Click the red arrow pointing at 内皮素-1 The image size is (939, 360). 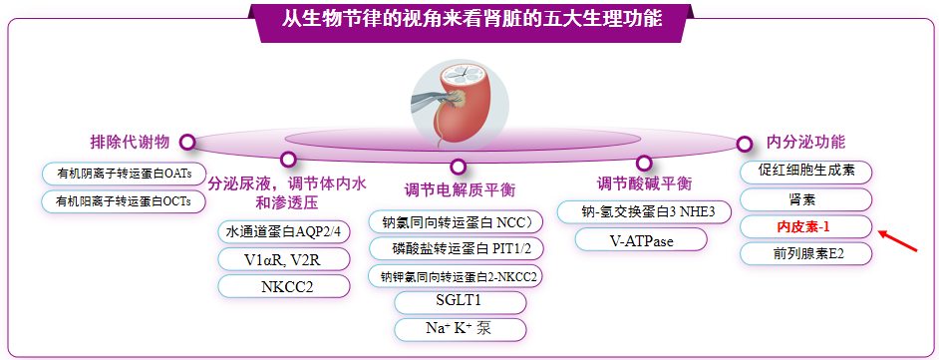pyautogui.click(x=898, y=240)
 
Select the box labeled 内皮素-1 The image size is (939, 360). pyautogui.click(x=806, y=227)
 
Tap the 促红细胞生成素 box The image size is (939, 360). pyautogui.click(x=806, y=172)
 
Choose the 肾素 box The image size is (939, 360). pyautogui.click(x=806, y=199)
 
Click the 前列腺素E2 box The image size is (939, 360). pyautogui.click(x=806, y=254)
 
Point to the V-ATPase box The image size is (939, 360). pyautogui.click(x=641, y=239)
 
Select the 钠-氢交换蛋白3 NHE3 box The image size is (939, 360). pyautogui.click(x=644, y=212)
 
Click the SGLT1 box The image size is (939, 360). pyautogui.click(x=460, y=302)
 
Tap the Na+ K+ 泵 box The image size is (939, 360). pyautogui.click(x=460, y=329)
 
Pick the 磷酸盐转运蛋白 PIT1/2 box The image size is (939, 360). pyautogui.click(x=457, y=248)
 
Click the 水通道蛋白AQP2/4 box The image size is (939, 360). pyautogui.click(x=284, y=231)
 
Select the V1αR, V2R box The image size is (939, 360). pyautogui.click(x=284, y=259)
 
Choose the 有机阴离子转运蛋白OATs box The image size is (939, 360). pyautogui.click(x=124, y=174)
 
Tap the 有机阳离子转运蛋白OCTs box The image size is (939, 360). pyautogui.click(x=124, y=201)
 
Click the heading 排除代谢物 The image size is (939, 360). pyautogui.click(x=130, y=142)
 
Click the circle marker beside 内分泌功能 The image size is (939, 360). pyautogui.click(x=744, y=144)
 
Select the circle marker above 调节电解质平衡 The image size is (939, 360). pyautogui.click(x=459, y=167)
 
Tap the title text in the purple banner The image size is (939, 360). pyautogui.click(x=472, y=19)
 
